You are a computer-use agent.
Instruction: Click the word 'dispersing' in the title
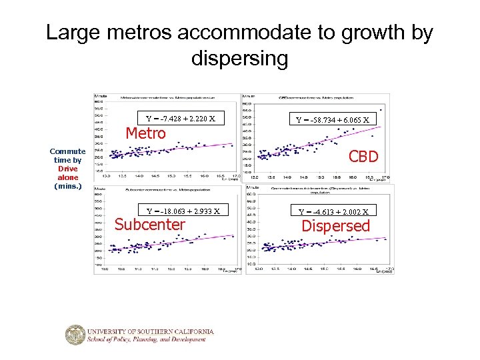[239, 59]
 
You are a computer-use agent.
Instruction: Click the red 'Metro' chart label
[146, 133]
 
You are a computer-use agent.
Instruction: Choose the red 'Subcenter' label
[150, 225]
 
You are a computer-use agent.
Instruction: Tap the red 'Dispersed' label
[335, 226]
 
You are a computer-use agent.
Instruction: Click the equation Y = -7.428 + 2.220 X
[181, 119]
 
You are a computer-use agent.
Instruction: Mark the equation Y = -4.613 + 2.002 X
[336, 211]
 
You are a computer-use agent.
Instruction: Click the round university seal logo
[75, 335]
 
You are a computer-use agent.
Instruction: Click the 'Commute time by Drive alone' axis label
[67, 169]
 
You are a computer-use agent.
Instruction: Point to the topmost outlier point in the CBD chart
[381, 110]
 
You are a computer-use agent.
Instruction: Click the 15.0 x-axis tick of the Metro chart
[171, 176]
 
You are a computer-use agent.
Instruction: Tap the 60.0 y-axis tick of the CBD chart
[247, 103]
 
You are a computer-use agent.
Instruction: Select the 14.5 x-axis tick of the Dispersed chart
[308, 269]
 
